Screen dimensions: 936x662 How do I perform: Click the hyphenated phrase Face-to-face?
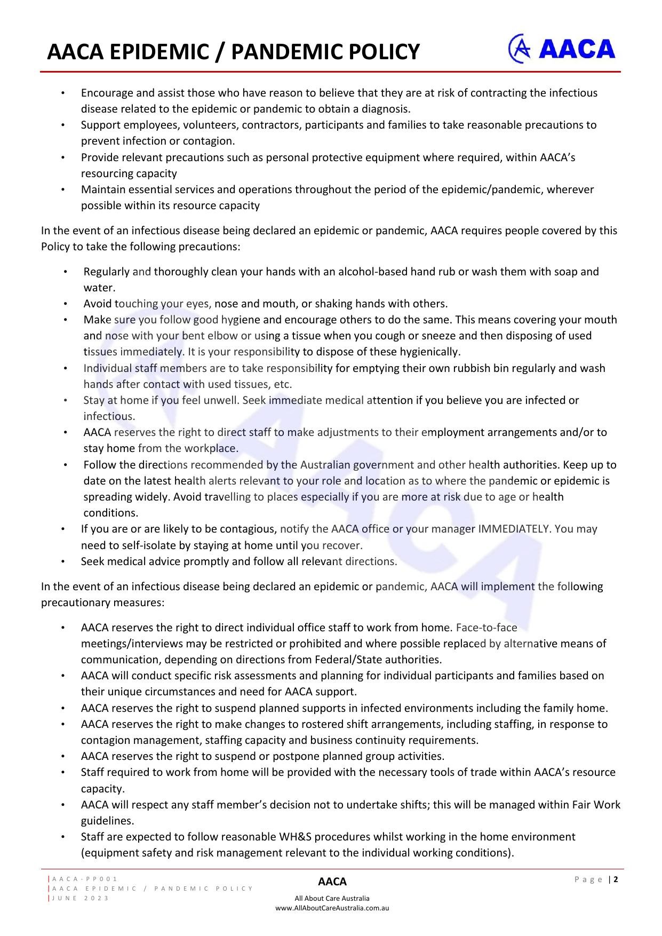point(486,628)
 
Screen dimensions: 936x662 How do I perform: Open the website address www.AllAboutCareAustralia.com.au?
point(332,908)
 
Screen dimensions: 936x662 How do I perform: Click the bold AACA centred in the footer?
point(332,882)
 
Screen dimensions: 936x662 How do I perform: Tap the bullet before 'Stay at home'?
point(65,400)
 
